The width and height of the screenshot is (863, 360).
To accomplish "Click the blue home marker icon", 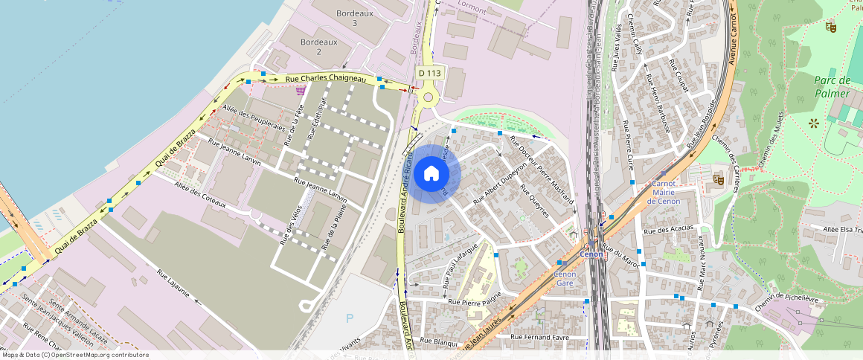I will point(431,174).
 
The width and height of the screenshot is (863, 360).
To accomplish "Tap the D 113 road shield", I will point(429,73).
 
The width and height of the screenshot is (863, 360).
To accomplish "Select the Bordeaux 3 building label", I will point(355,19).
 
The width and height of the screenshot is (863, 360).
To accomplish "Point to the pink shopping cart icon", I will point(301,91).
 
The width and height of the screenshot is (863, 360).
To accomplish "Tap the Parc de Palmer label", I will point(831,87).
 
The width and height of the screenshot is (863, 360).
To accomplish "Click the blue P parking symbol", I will point(350,318).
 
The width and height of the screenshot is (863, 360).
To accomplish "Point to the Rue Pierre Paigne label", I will point(475,302).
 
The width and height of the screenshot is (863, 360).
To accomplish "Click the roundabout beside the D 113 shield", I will point(427,97).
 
